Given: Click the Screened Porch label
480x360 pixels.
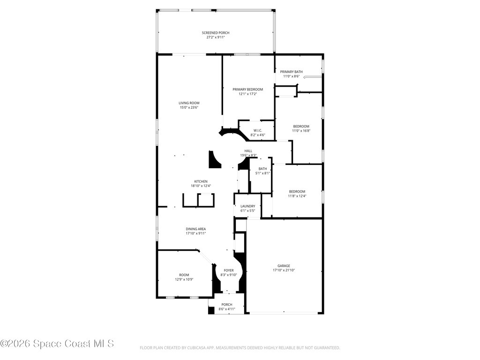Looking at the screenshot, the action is (216, 33).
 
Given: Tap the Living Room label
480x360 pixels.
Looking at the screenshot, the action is (189, 103).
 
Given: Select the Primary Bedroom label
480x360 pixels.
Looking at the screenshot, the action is (247, 90).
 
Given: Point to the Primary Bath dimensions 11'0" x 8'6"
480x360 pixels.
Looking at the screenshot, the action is (291, 76).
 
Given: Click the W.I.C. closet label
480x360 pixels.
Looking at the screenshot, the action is (258, 130).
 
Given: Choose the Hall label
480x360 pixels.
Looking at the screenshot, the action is (248, 151).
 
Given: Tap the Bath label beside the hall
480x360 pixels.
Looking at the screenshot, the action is (262, 169).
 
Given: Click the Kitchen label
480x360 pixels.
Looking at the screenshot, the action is (201, 181).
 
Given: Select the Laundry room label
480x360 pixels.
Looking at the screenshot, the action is (247, 206).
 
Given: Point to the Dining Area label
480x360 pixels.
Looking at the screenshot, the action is (195, 229).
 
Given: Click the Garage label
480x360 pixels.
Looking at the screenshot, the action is (284, 266).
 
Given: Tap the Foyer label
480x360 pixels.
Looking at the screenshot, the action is (229, 270).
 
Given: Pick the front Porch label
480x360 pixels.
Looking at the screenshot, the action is (227, 305).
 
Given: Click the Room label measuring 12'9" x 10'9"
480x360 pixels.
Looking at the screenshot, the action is (184, 275).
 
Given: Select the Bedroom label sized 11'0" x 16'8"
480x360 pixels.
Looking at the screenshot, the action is (301, 127).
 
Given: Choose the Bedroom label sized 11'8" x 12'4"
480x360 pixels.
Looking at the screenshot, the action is (297, 192).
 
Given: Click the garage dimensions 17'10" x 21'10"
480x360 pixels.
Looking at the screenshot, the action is (284, 270).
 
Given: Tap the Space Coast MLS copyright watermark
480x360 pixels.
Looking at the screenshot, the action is (57, 344).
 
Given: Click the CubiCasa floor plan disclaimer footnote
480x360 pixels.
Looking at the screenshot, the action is (240, 348).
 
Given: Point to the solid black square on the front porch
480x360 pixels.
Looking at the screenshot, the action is (211, 310).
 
